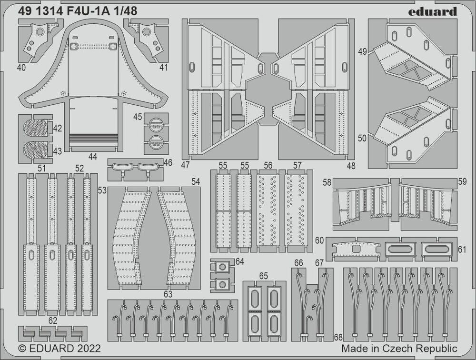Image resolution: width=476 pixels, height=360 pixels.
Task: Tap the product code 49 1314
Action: (x=41, y=12)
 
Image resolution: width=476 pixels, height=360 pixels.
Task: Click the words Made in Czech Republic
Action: (x=399, y=349)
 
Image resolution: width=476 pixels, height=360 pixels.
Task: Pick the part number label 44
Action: (x=92, y=156)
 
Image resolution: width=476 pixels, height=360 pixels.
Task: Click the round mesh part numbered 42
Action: (x=36, y=128)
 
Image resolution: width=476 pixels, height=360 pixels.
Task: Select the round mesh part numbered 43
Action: (x=36, y=150)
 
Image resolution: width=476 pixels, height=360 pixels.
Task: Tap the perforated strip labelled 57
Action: (x=297, y=210)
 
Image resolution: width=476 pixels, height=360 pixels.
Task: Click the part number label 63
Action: (x=168, y=294)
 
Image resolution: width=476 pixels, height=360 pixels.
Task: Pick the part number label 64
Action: (x=239, y=261)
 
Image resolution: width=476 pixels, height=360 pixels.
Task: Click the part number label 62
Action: (x=53, y=320)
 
